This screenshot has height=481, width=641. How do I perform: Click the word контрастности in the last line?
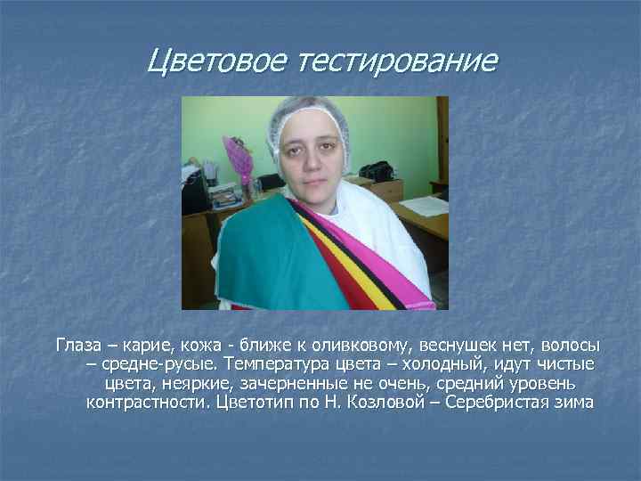point(148,404)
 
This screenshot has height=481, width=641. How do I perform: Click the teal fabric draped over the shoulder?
point(267,254)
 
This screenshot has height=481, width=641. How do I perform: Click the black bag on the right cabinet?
point(377,170)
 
